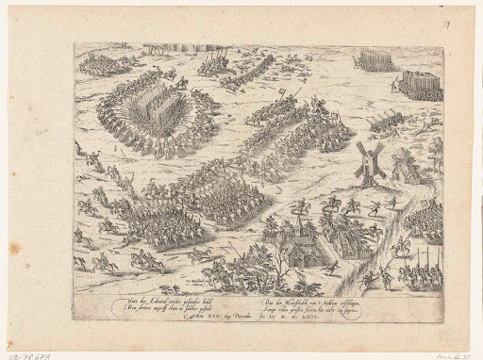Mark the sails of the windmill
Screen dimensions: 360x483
point(364,156)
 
